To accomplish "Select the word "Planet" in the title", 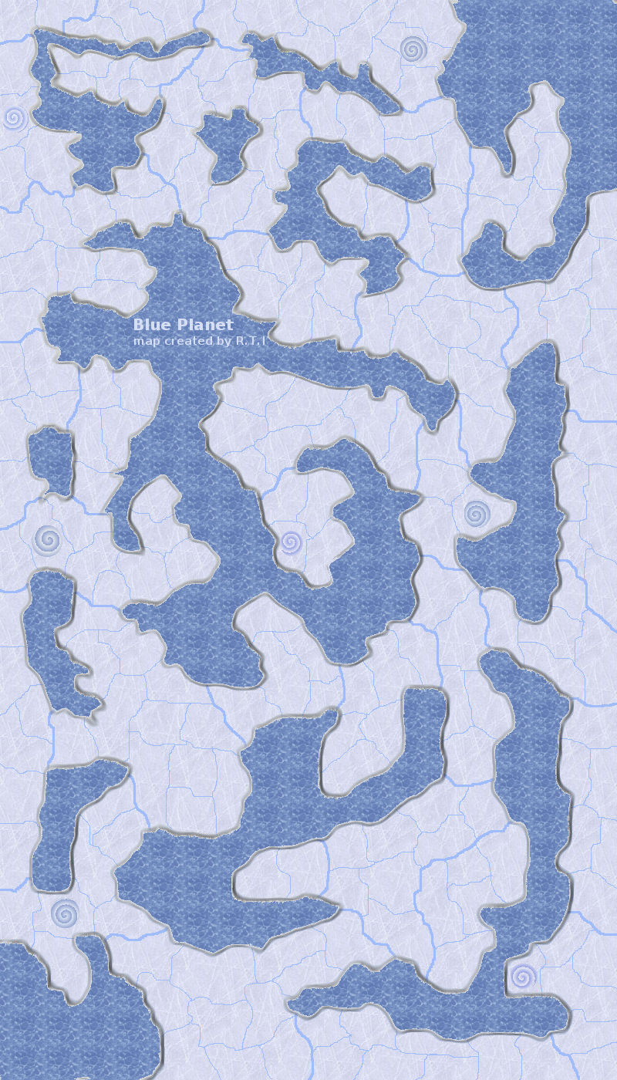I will pos(204,326).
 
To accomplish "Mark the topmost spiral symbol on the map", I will pos(413,49).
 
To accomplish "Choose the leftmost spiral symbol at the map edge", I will pos(14,118).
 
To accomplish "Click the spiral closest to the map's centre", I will pos(289,542).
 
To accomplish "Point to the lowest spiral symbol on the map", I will pos(522,977).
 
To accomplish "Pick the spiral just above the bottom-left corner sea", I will pos(64,913).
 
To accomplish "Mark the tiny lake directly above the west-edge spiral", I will pos(51,459).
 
